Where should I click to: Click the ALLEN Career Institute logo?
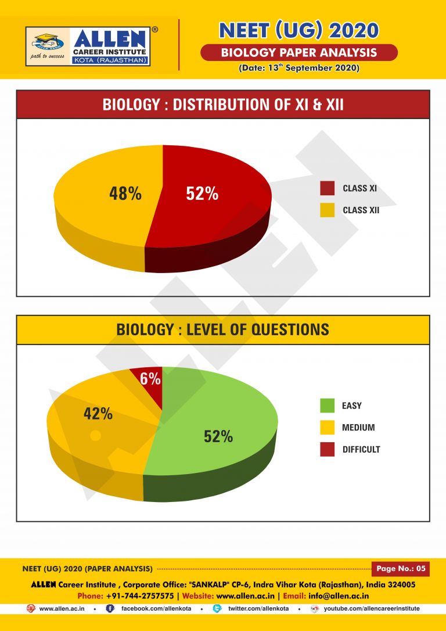[88, 46]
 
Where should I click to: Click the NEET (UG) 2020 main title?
[298, 30]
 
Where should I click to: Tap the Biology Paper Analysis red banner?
[298, 53]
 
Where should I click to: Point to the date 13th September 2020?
[298, 68]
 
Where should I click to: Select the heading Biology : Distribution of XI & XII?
[223, 105]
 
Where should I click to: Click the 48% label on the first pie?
[125, 194]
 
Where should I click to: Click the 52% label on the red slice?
[202, 194]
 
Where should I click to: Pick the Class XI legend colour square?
[328, 188]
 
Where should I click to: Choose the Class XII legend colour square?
[328, 210]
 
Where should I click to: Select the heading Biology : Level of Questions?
[223, 330]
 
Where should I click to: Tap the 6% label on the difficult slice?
[150, 379]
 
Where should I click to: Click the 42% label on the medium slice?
[98, 414]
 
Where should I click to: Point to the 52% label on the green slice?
[218, 436]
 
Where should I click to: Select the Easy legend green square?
[328, 406]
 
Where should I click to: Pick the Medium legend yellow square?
[328, 428]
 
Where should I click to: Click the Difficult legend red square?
[328, 449]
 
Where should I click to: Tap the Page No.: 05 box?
[400, 568]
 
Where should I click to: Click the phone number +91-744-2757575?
[139, 596]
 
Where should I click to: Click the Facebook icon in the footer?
[110, 608]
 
